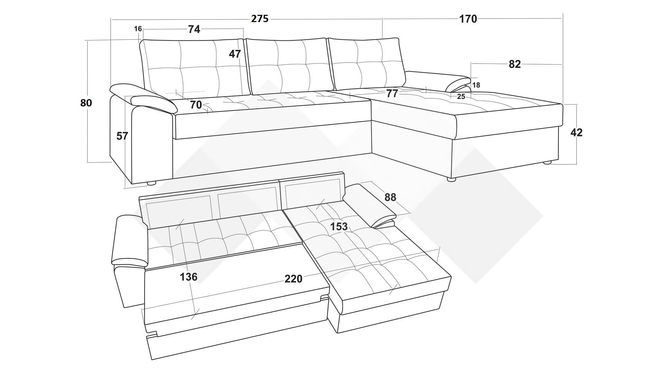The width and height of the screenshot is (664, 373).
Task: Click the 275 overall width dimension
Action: (x=259, y=19)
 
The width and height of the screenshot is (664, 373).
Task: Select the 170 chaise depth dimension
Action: (x=468, y=19)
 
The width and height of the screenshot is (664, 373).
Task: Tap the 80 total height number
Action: (x=86, y=103)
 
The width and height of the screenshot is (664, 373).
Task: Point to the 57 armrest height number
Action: (x=122, y=136)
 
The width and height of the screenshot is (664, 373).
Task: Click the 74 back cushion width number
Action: (x=194, y=29)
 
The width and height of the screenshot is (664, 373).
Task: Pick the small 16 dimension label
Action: (x=138, y=29)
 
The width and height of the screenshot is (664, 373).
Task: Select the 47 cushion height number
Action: (x=235, y=54)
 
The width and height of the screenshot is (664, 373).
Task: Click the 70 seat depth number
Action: (x=196, y=105)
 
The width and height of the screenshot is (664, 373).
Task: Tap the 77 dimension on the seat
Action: (x=392, y=93)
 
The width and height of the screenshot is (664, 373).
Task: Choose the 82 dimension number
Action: (x=515, y=64)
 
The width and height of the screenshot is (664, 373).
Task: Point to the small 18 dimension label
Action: (x=476, y=85)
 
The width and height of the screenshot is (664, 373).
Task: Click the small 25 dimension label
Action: (x=461, y=97)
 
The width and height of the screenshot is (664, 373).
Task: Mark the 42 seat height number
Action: (x=576, y=132)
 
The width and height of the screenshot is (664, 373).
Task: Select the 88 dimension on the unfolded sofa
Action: (x=390, y=197)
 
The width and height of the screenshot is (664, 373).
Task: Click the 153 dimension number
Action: (x=339, y=227)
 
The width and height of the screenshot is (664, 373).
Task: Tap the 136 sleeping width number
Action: (x=188, y=277)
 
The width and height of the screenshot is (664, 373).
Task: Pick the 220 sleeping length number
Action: (x=293, y=279)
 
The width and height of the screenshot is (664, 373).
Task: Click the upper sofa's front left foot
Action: (x=151, y=183)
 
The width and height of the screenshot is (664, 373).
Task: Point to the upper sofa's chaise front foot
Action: (x=451, y=180)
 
